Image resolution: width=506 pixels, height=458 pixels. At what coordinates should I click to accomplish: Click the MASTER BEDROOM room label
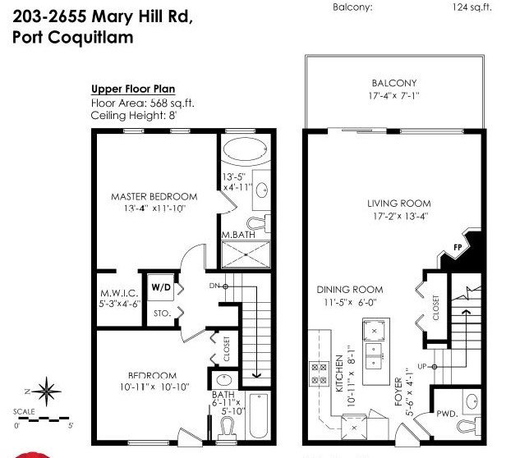154,196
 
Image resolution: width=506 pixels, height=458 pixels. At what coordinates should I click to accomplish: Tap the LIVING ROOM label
399,204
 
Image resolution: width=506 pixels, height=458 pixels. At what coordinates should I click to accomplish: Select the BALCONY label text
394,83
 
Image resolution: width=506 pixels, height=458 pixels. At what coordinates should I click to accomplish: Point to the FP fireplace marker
458,247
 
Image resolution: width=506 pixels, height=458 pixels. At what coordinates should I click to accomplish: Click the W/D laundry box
161,287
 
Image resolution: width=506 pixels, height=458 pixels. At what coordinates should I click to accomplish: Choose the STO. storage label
162,314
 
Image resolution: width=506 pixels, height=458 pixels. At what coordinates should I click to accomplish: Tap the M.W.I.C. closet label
119,293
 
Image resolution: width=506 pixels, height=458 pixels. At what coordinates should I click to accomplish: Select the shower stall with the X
246,254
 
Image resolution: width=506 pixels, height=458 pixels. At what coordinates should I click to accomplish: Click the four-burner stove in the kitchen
320,373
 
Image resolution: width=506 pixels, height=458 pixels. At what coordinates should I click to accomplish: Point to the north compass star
47,392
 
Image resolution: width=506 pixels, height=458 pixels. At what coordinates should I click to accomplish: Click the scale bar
44,419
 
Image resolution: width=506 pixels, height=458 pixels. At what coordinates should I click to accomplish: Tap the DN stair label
214,286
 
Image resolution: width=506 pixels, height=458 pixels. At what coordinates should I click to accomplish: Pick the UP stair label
422,366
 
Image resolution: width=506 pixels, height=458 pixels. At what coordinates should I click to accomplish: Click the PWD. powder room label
447,414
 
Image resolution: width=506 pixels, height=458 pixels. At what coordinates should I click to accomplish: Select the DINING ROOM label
350,289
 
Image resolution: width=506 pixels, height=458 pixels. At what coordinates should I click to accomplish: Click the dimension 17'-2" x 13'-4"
401,216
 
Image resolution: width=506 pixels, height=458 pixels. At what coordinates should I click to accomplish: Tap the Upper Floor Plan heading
133,89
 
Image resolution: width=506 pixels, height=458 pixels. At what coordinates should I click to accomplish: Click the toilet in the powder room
468,426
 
